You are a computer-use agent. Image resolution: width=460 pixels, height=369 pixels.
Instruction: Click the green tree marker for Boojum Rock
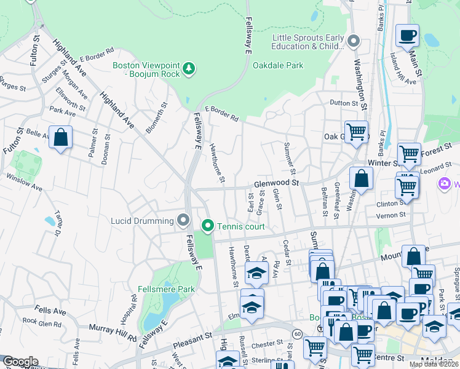189,68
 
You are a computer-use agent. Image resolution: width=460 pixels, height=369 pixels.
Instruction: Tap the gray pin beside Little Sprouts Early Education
354,41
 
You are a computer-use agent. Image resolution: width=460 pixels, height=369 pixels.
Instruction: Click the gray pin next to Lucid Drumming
183,220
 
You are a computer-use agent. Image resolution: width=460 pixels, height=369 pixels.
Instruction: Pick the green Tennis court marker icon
208,226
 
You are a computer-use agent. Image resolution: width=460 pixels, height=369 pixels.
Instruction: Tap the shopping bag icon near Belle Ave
60,138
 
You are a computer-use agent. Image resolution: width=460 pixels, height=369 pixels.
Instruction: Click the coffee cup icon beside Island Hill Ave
406,35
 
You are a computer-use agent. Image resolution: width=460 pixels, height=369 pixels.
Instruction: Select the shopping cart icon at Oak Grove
356,132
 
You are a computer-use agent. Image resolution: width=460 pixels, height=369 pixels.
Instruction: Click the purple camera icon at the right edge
444,183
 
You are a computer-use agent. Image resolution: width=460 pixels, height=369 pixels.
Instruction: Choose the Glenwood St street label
276,183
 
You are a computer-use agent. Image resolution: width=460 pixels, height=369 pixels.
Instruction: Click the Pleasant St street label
190,337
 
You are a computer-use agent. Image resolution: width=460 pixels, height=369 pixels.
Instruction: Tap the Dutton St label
343,103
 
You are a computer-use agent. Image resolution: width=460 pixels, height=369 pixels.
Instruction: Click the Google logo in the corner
20,362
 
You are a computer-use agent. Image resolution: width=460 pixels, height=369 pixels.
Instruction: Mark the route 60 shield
297,334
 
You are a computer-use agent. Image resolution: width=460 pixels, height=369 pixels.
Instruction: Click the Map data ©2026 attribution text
433,364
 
